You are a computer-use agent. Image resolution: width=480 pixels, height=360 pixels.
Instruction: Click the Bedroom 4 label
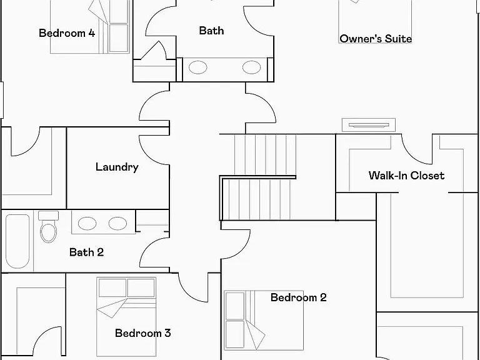click(67, 33)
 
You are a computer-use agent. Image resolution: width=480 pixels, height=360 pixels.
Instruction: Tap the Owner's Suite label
click(376, 39)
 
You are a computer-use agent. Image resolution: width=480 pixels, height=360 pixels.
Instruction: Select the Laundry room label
click(117, 167)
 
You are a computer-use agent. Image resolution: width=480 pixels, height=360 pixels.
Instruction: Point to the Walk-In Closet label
click(406, 176)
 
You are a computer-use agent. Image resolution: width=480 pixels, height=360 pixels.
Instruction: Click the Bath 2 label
click(86, 252)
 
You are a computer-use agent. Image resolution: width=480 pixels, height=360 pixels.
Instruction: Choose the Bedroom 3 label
click(142, 333)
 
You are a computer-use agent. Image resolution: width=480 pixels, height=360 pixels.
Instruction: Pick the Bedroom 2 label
click(299, 297)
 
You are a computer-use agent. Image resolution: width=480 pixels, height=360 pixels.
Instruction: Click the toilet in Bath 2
click(48, 226)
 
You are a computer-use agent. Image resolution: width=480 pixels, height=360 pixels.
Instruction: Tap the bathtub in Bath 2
click(17, 241)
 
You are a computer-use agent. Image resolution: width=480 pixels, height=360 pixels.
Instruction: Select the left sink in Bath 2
click(87, 224)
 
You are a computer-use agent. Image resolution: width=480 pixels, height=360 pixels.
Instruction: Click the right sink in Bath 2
click(117, 224)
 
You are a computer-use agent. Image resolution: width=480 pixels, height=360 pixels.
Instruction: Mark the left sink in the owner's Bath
click(197, 67)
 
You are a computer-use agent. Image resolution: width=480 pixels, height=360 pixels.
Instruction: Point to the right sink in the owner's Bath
click(252, 67)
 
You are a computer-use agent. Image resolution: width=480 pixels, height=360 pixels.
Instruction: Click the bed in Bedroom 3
click(126, 317)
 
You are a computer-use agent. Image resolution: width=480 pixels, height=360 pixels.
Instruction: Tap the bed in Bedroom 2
click(264, 320)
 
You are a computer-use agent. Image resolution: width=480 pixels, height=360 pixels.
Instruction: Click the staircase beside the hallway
click(262, 177)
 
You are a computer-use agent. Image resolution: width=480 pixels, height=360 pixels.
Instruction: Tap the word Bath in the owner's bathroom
click(211, 31)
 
